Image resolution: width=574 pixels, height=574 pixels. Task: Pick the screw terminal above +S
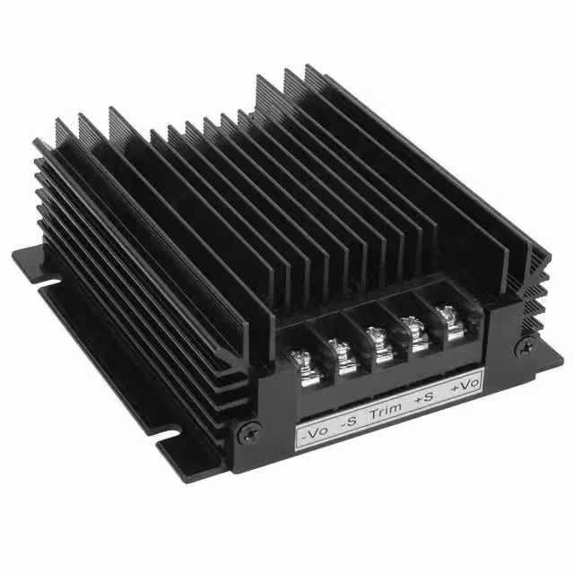click(x=415, y=330)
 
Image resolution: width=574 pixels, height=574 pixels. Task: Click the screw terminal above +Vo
click(x=448, y=319)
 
